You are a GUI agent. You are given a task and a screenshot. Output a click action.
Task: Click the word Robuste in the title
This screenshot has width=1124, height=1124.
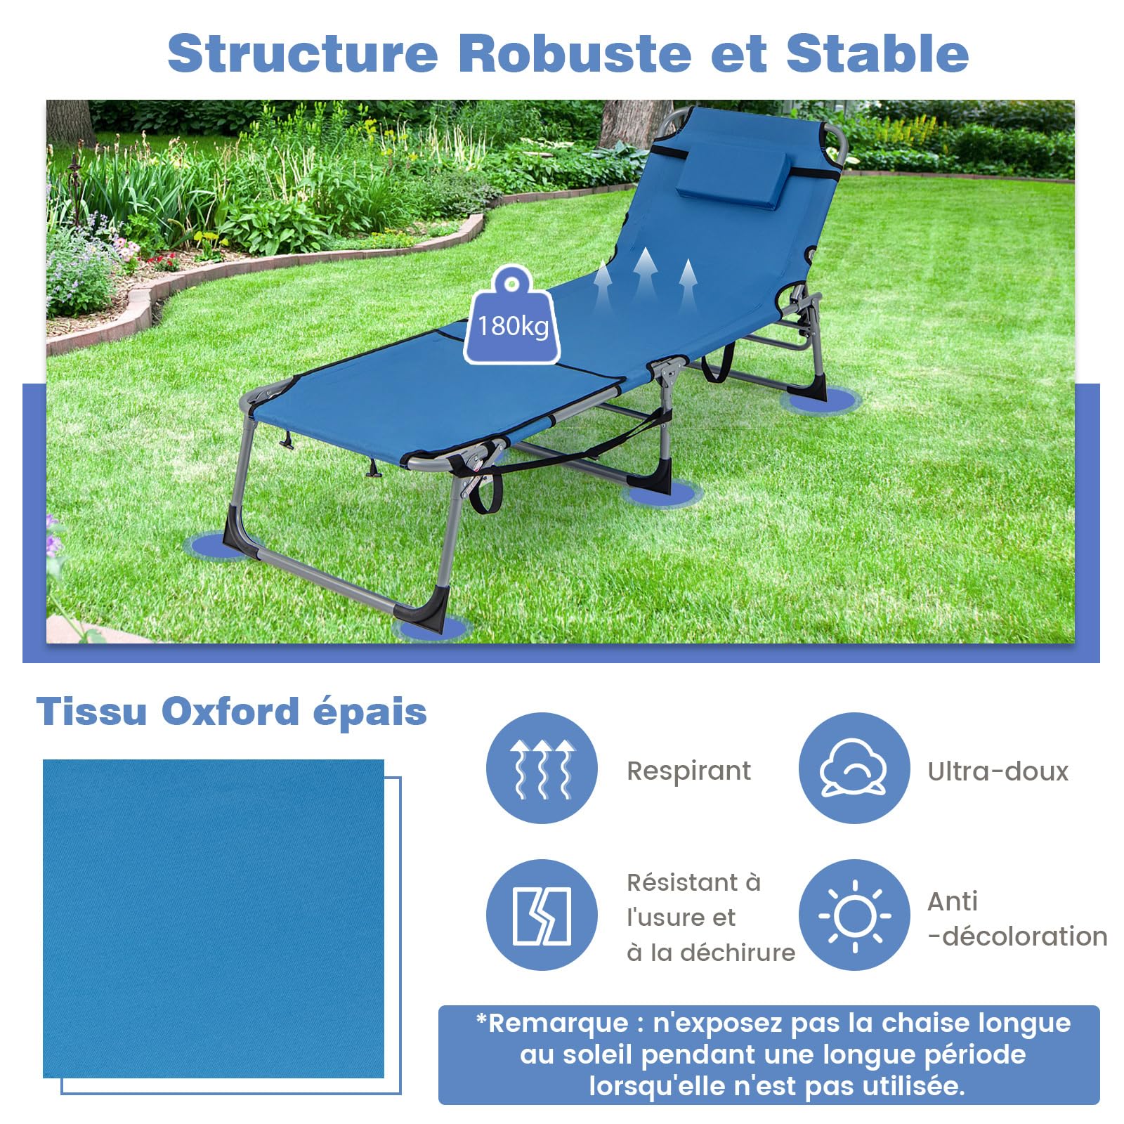(x=575, y=53)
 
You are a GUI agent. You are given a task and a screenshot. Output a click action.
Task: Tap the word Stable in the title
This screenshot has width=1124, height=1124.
(x=877, y=53)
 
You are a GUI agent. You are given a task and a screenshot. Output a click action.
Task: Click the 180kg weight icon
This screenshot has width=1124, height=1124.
(x=512, y=315)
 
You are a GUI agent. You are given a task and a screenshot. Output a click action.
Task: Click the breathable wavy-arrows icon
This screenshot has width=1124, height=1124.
(x=542, y=768)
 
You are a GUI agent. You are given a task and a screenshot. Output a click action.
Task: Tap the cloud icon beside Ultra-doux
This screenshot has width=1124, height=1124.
(x=854, y=768)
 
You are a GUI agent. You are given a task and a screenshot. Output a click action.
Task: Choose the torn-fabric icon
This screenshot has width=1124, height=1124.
(x=542, y=915)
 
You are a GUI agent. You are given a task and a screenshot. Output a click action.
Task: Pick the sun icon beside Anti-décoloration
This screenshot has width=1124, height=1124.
(x=854, y=915)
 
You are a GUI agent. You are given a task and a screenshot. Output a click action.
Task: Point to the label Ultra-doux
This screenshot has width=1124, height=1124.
(x=998, y=771)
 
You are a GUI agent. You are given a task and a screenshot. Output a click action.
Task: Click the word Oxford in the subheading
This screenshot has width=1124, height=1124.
(x=230, y=712)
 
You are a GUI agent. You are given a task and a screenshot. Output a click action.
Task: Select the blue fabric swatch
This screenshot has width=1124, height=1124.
(x=214, y=919)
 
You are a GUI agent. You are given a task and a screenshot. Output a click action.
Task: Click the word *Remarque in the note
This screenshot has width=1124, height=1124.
(x=552, y=1024)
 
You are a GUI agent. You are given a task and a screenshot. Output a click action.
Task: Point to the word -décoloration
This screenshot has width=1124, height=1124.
(x=1017, y=936)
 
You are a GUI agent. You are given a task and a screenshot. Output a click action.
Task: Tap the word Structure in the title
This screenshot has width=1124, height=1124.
(x=303, y=53)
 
